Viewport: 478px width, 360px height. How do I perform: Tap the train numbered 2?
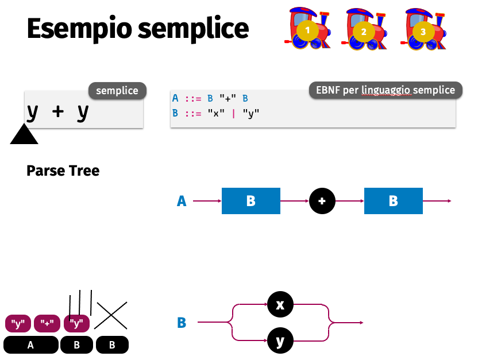[364, 29]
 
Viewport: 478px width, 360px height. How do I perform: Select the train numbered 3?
[422, 29]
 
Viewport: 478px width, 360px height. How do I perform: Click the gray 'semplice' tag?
[117, 91]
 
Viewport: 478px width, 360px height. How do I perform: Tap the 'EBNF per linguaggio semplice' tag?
[385, 90]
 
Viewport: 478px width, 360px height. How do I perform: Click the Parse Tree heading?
[63, 171]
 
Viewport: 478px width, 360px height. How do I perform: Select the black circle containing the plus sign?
[322, 201]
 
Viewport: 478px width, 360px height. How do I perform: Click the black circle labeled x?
[280, 304]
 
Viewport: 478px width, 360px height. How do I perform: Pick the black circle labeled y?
[280, 341]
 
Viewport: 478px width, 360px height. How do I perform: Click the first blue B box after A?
[250, 201]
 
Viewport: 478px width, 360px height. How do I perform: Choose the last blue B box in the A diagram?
[394, 201]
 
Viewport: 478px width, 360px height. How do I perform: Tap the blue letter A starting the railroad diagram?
[182, 201]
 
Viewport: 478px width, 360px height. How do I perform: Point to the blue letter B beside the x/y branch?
[182, 323]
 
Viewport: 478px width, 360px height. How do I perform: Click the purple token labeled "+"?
[47, 324]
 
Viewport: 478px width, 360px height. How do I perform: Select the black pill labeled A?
[30, 344]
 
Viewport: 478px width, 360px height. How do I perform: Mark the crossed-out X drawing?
[111, 315]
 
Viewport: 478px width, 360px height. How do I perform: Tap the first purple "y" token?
[18, 324]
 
